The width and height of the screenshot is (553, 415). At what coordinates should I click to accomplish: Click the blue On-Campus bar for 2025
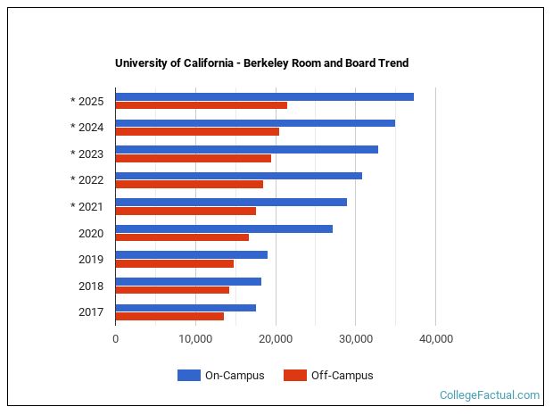(264, 96)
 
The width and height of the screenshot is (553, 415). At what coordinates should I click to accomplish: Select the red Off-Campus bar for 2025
(201, 105)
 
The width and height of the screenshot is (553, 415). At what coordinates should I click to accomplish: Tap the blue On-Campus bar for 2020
(224, 228)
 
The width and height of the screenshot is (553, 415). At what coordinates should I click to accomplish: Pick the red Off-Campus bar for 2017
(169, 317)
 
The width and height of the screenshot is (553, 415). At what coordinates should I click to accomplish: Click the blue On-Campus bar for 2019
(191, 254)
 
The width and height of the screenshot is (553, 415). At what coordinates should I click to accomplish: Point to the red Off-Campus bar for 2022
(189, 185)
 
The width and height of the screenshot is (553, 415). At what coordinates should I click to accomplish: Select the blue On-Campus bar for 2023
(246, 149)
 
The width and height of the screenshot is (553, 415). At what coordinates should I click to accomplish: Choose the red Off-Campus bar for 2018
(172, 290)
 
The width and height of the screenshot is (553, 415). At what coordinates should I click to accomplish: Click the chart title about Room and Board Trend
(261, 63)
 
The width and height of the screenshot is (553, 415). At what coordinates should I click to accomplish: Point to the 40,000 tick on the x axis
(435, 338)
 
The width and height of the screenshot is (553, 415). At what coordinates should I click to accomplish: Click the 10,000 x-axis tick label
(195, 338)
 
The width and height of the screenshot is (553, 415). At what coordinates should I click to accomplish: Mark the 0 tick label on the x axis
(115, 338)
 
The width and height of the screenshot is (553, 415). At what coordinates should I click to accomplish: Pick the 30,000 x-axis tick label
(355, 338)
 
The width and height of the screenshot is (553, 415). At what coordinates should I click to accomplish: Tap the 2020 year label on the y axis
(90, 233)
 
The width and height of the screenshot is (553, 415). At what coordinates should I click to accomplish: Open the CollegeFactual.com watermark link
(490, 394)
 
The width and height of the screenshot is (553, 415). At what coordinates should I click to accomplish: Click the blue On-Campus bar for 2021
(231, 202)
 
